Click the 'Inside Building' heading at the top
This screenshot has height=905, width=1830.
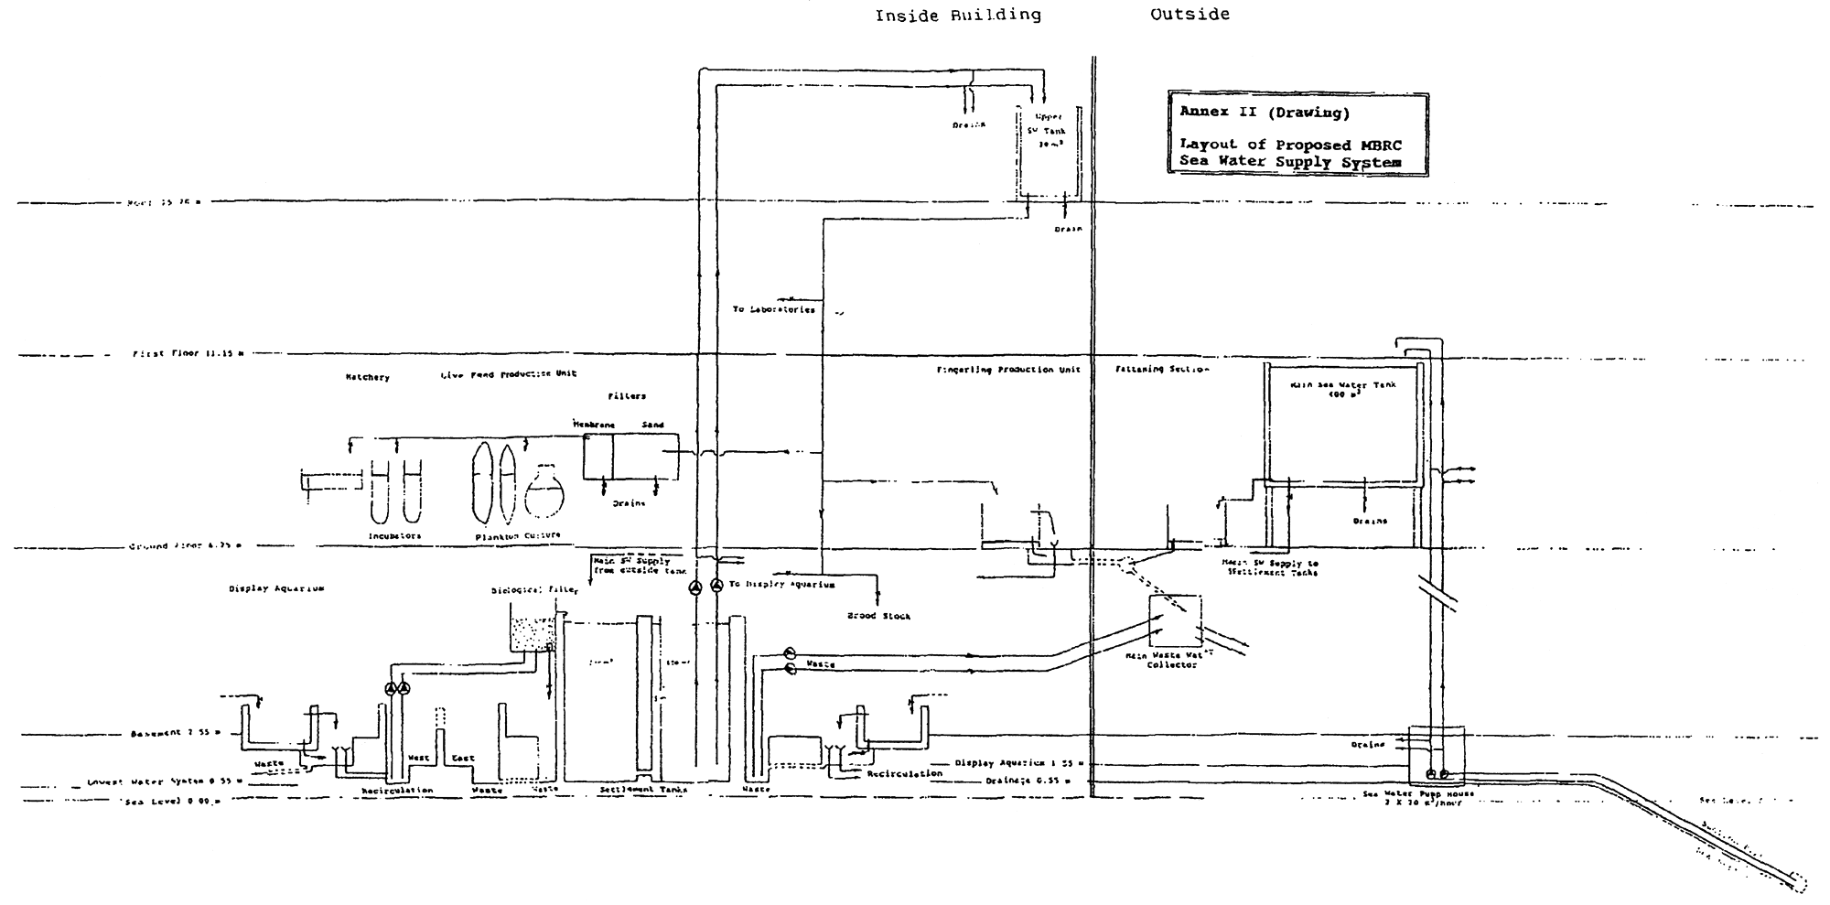tap(957, 16)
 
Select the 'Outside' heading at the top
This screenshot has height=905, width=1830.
tap(1189, 15)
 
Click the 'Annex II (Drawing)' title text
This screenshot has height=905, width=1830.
tap(1251, 113)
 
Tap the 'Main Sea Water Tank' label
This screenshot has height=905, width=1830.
tap(1343, 390)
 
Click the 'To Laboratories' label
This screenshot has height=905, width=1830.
tap(773, 310)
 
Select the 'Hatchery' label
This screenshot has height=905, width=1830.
tap(367, 377)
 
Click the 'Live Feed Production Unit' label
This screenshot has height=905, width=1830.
tap(508, 374)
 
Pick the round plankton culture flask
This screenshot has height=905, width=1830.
tap(544, 492)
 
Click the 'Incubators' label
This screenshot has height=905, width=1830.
tap(394, 536)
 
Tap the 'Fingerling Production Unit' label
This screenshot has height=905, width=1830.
tap(1008, 370)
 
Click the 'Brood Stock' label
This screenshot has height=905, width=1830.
tap(878, 617)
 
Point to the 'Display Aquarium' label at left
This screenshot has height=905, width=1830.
tap(275, 589)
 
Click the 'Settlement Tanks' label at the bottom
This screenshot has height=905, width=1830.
tap(643, 789)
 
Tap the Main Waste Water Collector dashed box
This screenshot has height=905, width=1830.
tap(1175, 621)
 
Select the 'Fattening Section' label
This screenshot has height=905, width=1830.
tap(1161, 370)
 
